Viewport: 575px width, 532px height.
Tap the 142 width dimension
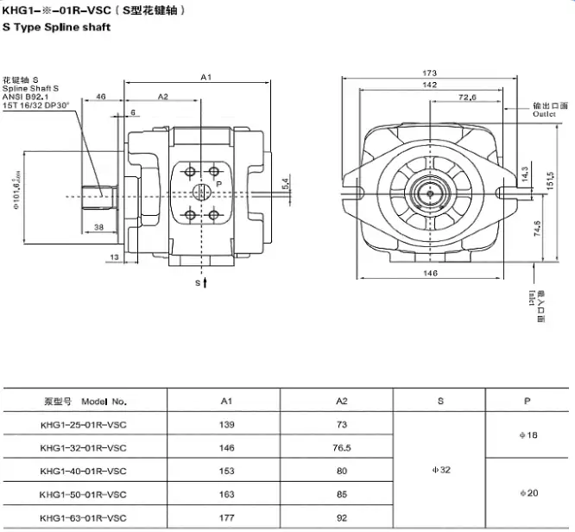pos(428,85)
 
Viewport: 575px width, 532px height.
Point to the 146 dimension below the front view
pos(429,273)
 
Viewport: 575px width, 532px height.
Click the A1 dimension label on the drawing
pos(205,78)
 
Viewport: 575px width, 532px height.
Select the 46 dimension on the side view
pos(101,97)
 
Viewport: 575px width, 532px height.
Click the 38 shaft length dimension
pos(99,228)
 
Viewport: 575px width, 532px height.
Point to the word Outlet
pos(545,114)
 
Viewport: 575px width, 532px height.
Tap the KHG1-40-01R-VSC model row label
pos(83,471)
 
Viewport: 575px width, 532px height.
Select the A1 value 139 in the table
pos(226,424)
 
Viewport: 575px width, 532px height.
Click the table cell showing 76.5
pos(342,447)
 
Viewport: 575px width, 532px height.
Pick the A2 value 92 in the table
pos(342,518)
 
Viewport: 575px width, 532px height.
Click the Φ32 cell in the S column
pos(440,471)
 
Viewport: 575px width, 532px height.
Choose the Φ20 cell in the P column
pos(529,493)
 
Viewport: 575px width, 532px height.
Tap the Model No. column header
pos(85,401)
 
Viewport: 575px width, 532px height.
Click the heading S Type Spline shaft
pos(56,27)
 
